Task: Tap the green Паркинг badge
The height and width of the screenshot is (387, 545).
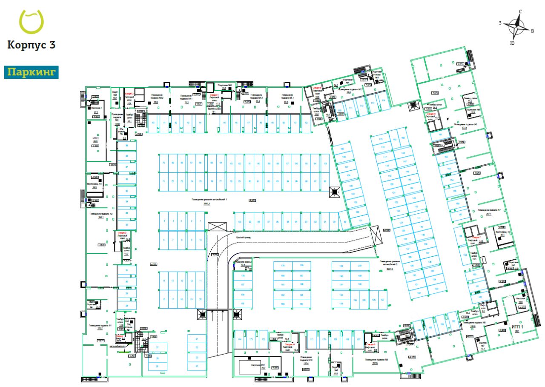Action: tap(31, 72)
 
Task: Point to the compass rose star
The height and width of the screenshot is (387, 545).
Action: tap(519, 26)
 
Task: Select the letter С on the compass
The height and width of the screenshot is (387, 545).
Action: tap(520, 12)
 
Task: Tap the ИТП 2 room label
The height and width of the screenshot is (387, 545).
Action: tap(95, 139)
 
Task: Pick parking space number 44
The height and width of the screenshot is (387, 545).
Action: tap(199, 123)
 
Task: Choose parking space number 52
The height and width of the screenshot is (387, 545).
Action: tap(306, 123)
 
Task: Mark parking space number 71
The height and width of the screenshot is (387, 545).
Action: tap(163, 181)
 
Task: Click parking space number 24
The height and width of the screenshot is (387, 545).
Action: tap(197, 366)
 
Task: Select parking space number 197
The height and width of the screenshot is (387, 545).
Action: tap(382, 300)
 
